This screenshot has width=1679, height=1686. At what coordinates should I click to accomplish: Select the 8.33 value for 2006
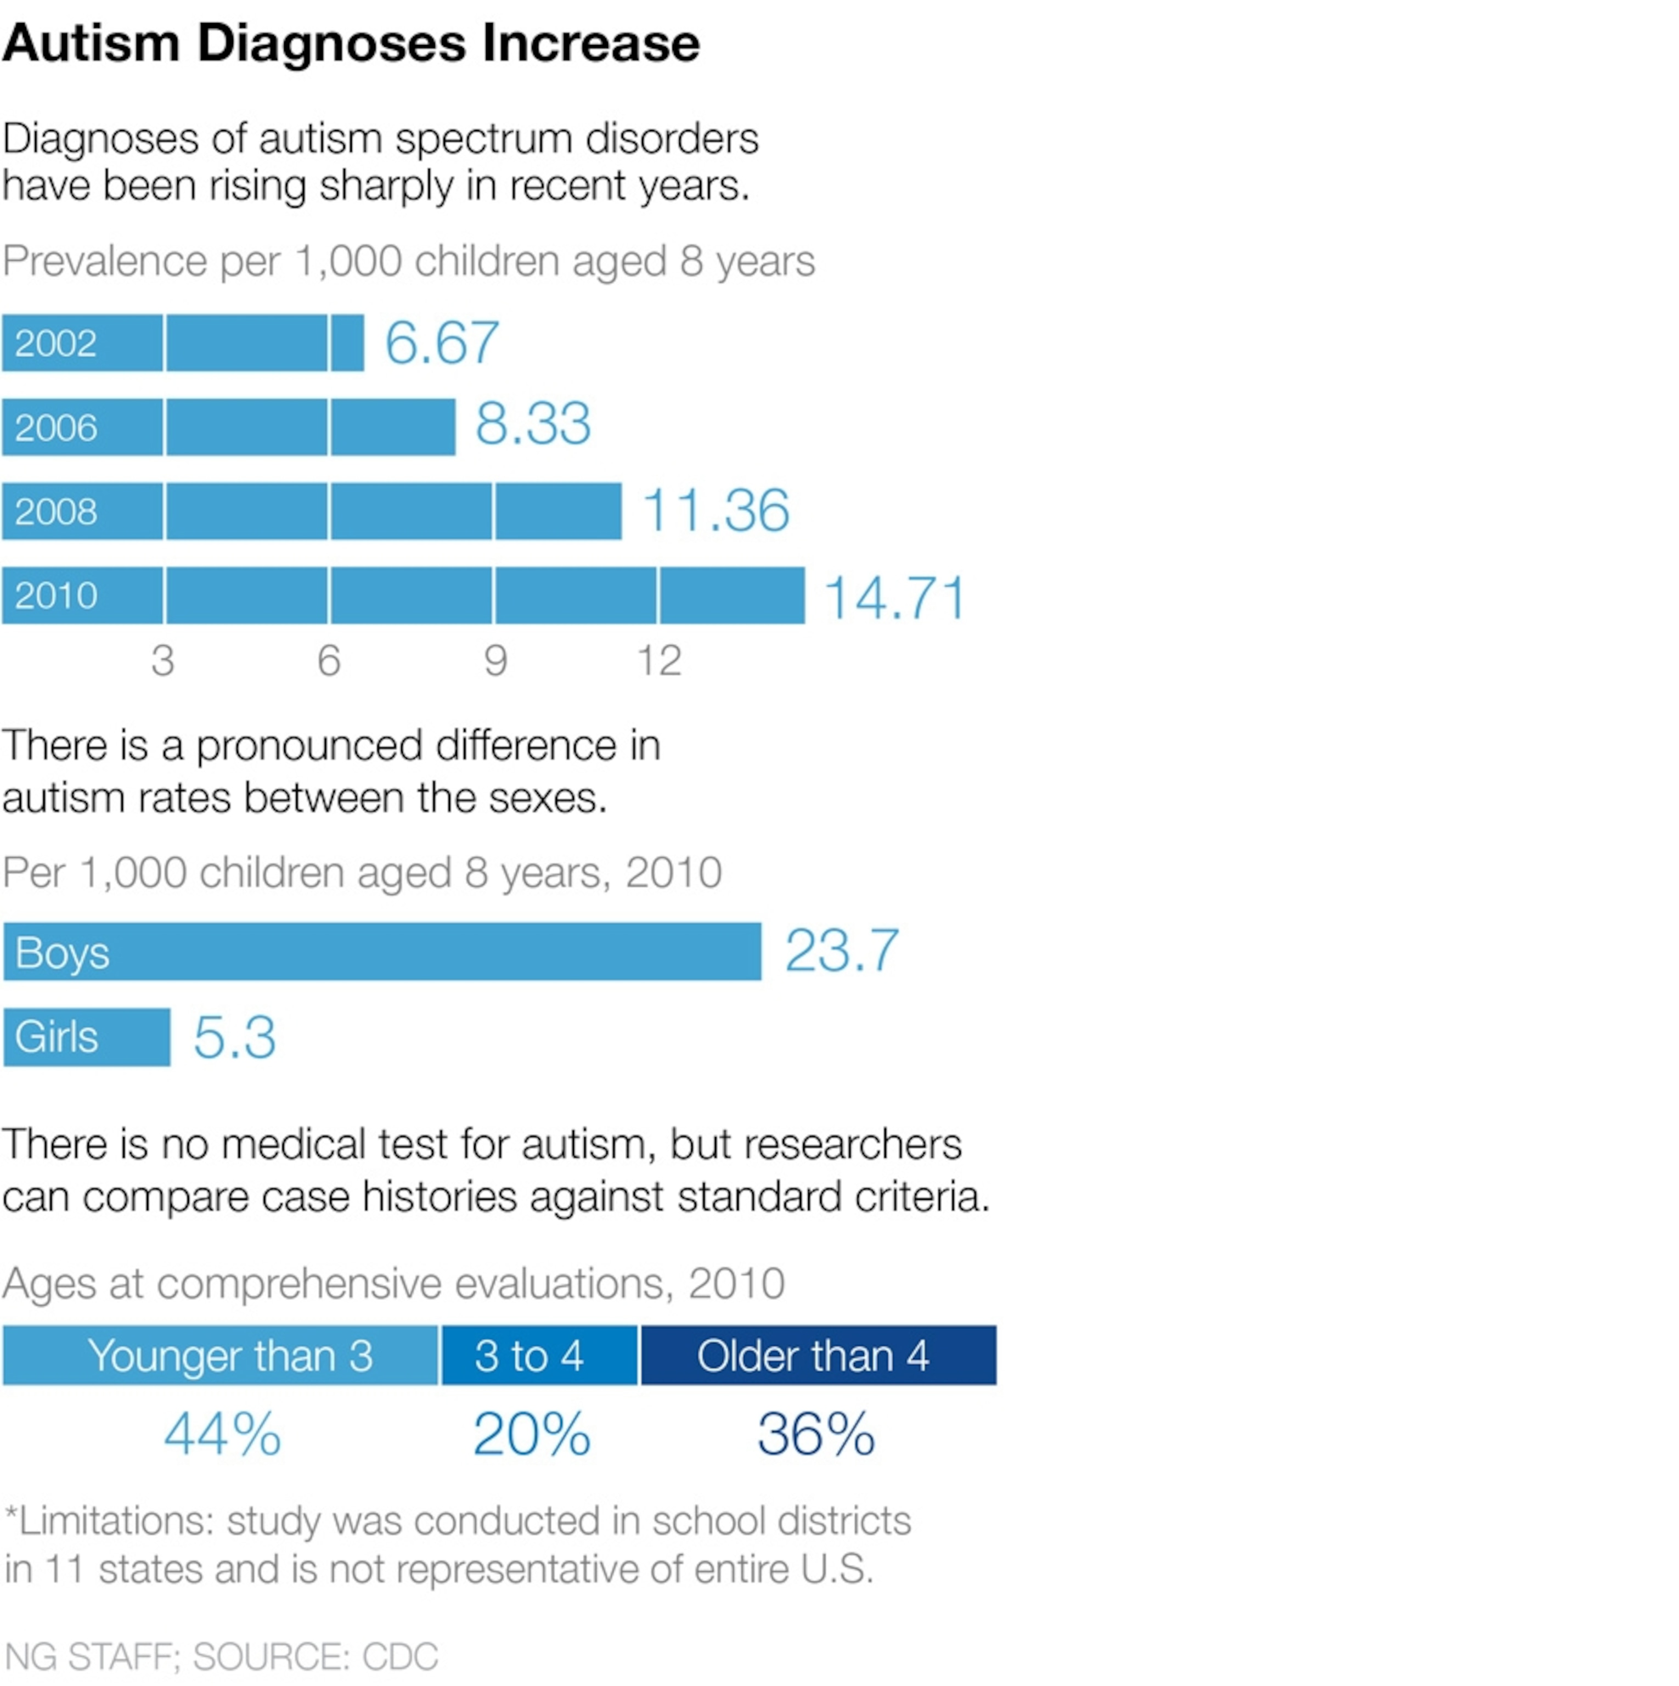coord(533,425)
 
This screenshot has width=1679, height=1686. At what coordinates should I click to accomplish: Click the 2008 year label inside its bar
coord(56,512)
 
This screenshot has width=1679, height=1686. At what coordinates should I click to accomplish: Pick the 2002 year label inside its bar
coord(56,343)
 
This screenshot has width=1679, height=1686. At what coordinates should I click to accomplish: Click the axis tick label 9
coord(495,661)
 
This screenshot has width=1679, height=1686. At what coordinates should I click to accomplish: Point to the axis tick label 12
coord(659,661)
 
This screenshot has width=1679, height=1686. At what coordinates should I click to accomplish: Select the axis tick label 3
coord(163,661)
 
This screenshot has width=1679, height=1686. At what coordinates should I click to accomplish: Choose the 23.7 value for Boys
coord(841,951)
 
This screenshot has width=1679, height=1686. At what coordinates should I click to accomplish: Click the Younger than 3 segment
coord(220,1355)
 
